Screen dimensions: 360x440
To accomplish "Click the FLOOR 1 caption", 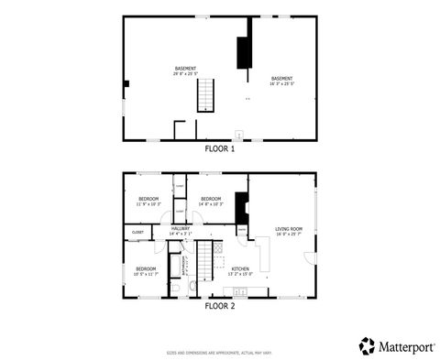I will coord(219,148).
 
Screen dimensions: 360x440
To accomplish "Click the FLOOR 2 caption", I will coord(219,307).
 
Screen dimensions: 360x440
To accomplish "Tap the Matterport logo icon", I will coord(367,344).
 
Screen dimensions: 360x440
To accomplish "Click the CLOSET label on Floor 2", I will coord(137,233).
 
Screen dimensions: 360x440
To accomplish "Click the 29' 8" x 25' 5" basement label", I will coord(185,71).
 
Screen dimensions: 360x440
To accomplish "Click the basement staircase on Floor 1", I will coord(206,94).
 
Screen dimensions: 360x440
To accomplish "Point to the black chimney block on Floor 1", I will coord(244,52).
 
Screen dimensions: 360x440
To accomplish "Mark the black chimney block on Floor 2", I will coord(242,208).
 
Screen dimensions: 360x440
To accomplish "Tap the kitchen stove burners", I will coord(218,248).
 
